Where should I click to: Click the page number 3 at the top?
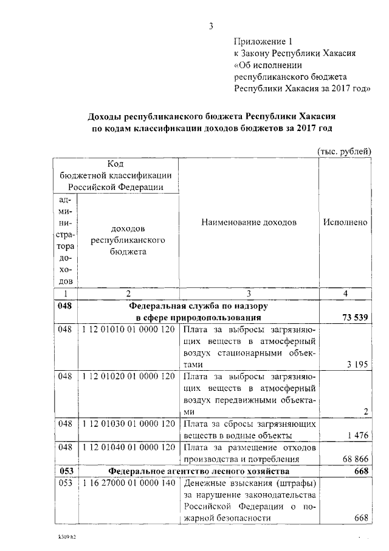211,26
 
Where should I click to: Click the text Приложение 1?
263,41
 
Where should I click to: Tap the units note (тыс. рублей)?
343,150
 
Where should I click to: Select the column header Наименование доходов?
249,222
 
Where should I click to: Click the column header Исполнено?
345,222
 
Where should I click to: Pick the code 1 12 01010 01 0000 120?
128,329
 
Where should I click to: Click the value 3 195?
357,364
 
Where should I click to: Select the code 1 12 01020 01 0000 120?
128,376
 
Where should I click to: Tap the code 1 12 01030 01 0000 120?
128,423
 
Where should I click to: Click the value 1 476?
357,435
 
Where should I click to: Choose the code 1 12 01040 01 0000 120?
128,447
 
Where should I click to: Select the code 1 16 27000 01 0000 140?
128,483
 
